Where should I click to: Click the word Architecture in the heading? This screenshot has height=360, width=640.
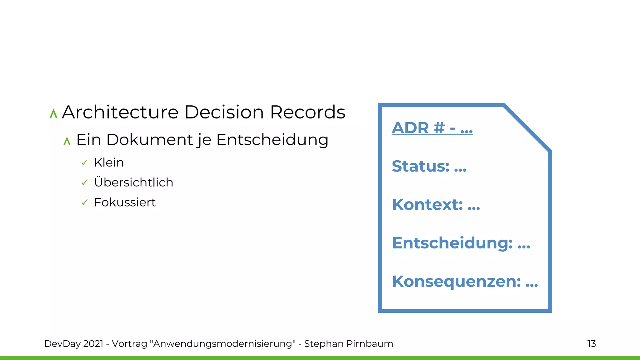120,112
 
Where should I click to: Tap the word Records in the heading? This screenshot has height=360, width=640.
307,112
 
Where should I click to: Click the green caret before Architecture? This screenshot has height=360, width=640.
53,114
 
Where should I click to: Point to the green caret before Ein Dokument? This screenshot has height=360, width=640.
67,141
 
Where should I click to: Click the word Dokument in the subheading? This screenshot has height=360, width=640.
149,140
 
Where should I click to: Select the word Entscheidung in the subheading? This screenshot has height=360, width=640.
272,140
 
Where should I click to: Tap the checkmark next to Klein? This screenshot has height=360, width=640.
84,163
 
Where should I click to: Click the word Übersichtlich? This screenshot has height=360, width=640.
133,182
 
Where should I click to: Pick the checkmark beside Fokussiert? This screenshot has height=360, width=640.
84,203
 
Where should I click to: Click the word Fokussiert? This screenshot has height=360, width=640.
125,202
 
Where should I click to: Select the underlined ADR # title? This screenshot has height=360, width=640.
432,128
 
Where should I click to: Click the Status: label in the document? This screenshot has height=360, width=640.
421,166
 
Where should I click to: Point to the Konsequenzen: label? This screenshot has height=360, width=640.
457,282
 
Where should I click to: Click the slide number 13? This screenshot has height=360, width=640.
591,344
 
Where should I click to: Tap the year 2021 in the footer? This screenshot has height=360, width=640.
93,344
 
